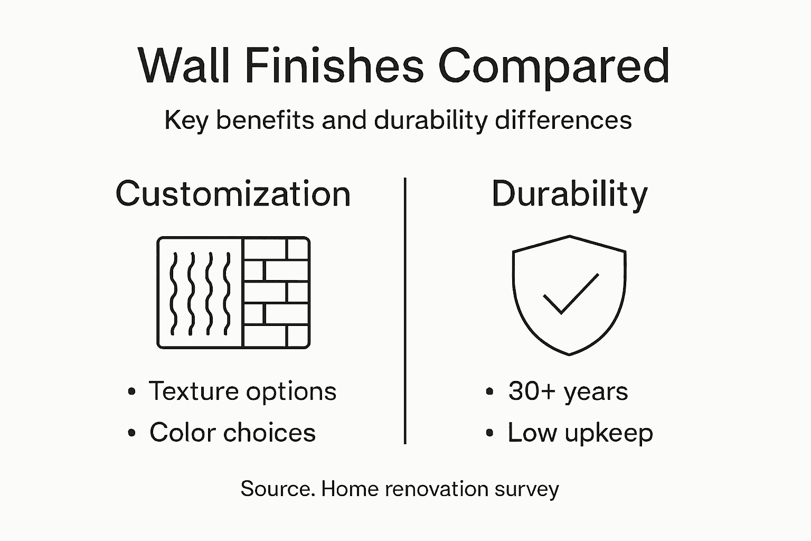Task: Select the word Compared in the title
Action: point(554,67)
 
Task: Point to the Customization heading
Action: point(233,194)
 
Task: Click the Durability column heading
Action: point(569,194)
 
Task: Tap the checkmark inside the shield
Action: point(570,294)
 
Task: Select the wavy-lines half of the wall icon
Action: point(200,293)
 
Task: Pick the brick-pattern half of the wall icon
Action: point(276,293)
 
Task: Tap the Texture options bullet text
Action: point(243,391)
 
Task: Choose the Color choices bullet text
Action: point(232,433)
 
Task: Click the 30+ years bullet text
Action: point(568,391)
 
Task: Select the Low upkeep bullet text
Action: point(580,433)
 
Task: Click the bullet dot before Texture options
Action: point(131,392)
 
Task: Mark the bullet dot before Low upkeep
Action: point(489,433)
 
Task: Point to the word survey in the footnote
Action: point(526,489)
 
